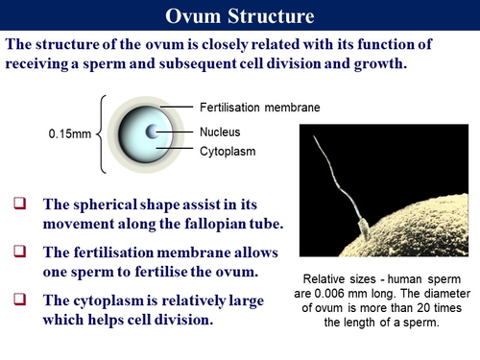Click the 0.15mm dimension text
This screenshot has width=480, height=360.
coord(68,133)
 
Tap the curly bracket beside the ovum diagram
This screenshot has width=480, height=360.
coord(102,132)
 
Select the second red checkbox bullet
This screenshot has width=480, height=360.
coord(20,251)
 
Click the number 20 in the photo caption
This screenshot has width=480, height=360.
coord(414,309)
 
